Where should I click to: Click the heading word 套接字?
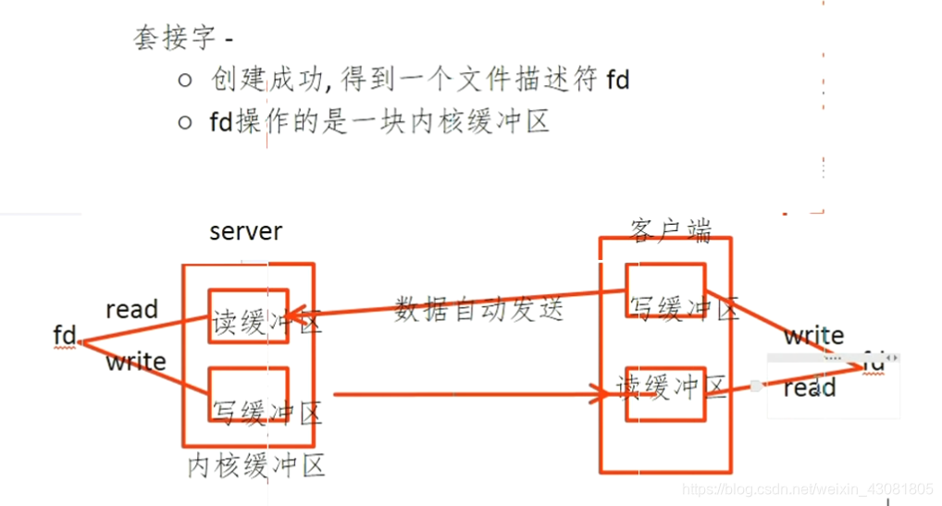(174, 38)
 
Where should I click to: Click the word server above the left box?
(246, 230)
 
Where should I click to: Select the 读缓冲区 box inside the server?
(248, 316)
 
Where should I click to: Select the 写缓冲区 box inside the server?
(248, 396)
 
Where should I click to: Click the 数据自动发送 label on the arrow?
(478, 308)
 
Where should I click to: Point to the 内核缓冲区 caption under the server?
(256, 465)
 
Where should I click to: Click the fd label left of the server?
(64, 336)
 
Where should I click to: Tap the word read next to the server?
(131, 309)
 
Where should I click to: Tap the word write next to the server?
(135, 362)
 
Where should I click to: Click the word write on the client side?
(813, 335)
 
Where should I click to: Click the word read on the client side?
(810, 388)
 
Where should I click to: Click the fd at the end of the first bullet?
(618, 80)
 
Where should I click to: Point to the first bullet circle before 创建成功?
(184, 80)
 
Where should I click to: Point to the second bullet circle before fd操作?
(184, 122)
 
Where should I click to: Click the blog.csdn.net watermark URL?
(806, 487)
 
